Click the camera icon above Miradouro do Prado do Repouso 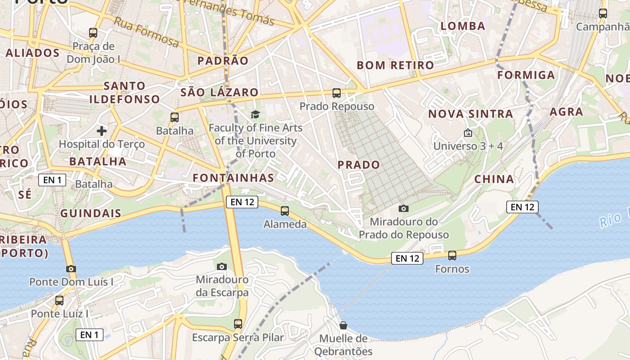pos(404,208)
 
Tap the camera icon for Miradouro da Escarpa pos(221,266)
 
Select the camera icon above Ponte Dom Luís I pos(71,269)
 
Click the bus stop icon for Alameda pos(284,211)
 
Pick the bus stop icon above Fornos pos(452,256)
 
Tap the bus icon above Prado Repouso pos(337,93)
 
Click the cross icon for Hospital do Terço pos(102,131)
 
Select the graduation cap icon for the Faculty pos(255,114)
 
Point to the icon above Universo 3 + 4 pos(468,133)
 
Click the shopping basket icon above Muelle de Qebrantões pos(343,325)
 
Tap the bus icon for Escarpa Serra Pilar pos(238,324)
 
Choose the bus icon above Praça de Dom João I pos(93,32)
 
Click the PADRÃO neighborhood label pos(223,61)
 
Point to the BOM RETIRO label pos(395,65)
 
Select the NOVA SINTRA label pos(470,114)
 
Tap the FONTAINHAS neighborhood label pos(233,178)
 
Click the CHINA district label pos(494,179)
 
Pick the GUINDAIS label pos(90,213)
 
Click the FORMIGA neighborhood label pos(526,75)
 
